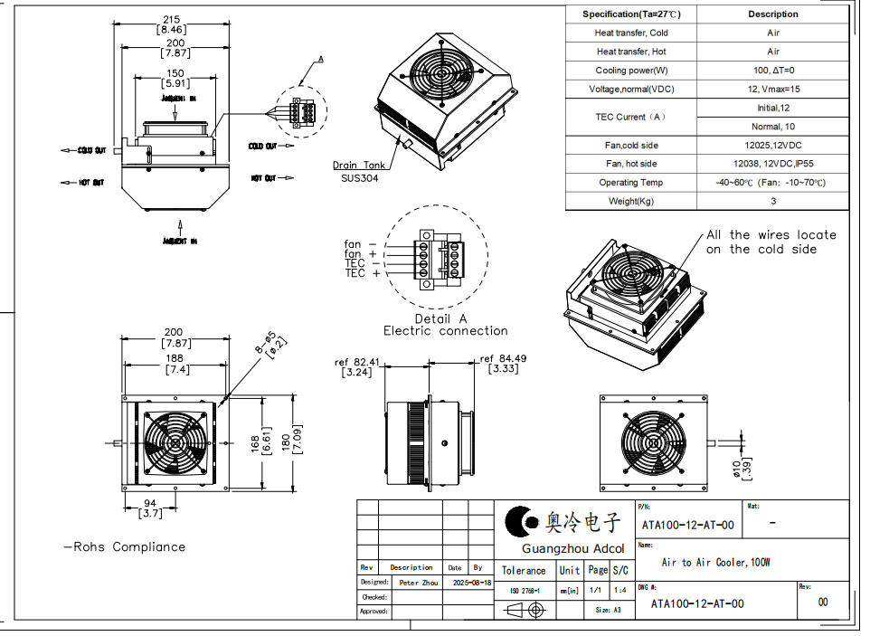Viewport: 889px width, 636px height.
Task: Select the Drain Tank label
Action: [360, 166]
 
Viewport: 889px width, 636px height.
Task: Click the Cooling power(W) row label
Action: [631, 71]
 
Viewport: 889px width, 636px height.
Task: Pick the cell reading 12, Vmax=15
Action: [773, 89]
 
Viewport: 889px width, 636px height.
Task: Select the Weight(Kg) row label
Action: [631, 202]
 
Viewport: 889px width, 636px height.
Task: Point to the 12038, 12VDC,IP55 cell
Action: [773, 164]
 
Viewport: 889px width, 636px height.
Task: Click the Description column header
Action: [773, 14]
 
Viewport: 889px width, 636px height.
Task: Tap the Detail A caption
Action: [440, 318]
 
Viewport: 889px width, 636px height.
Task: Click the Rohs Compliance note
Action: [124, 547]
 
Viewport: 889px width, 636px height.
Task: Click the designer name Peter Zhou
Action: [418, 583]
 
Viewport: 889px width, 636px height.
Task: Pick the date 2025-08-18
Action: [471, 583]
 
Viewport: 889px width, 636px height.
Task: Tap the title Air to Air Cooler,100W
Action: [715, 563]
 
